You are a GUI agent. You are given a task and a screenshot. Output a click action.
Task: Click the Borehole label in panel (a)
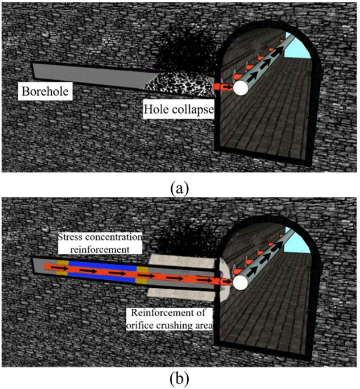44,90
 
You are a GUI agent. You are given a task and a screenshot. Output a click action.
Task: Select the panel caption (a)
180,186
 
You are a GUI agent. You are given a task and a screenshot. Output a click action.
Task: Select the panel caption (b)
180,378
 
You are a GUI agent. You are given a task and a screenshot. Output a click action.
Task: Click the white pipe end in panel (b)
242,281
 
